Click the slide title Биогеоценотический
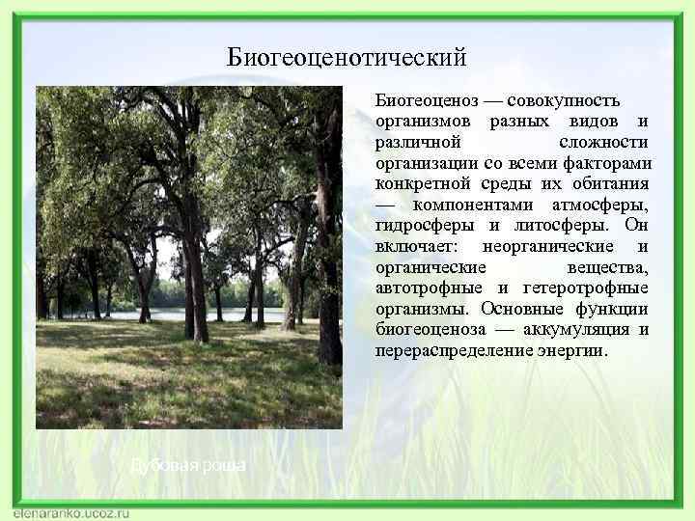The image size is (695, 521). click(347, 58)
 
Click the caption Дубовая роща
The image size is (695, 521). click(188, 466)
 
